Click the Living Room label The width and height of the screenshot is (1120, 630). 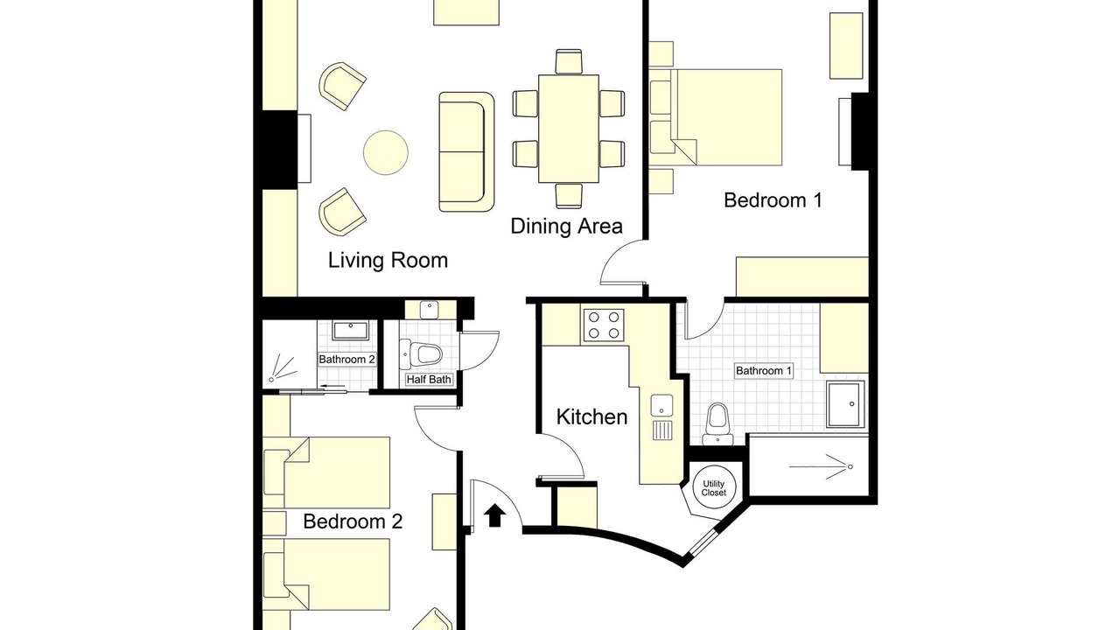point(388,261)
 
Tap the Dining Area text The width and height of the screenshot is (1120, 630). point(566,227)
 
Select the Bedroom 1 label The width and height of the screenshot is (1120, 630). point(773,200)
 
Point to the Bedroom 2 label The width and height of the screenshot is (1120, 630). point(353,521)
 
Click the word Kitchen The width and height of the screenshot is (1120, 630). point(591,417)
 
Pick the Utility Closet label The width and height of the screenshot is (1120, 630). point(713,488)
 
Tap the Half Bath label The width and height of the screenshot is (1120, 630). point(429,380)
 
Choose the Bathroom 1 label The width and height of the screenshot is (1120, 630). point(764,371)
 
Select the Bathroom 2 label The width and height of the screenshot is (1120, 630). point(346,360)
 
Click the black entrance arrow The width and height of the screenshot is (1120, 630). point(494,515)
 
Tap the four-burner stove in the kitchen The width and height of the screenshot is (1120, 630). point(604,325)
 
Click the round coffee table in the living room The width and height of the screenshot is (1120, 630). point(386,152)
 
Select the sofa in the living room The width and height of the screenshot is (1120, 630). point(466,151)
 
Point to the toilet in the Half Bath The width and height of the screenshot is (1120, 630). point(422,354)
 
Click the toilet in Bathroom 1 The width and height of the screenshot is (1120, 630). point(718,424)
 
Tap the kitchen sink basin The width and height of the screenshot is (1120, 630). point(661,405)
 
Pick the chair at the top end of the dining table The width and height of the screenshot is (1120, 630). point(569,62)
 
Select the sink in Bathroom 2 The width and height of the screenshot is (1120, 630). point(351,331)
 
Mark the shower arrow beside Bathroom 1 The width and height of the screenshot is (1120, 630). point(821,467)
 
